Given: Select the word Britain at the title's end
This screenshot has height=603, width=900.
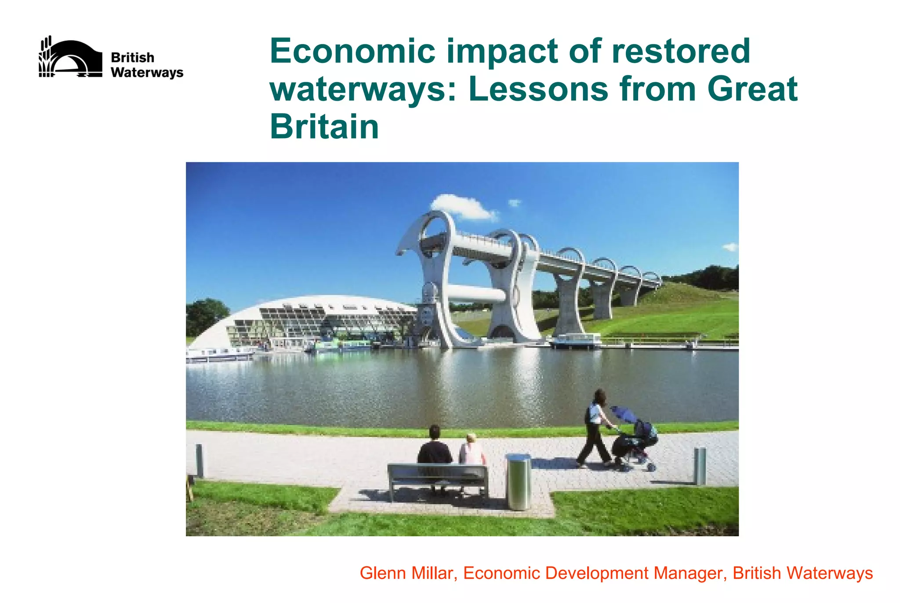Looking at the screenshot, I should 324,127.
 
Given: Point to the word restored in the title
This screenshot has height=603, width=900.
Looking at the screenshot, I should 681,51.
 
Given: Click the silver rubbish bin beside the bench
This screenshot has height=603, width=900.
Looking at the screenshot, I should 519,482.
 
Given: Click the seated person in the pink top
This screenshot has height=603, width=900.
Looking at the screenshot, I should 472,450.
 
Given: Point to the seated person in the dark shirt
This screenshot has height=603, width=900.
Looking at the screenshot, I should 434,446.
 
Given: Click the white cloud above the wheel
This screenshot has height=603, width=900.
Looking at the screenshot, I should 461,207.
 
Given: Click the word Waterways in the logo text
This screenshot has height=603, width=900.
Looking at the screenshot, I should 147,73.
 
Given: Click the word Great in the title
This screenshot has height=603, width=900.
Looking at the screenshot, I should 752,89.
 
